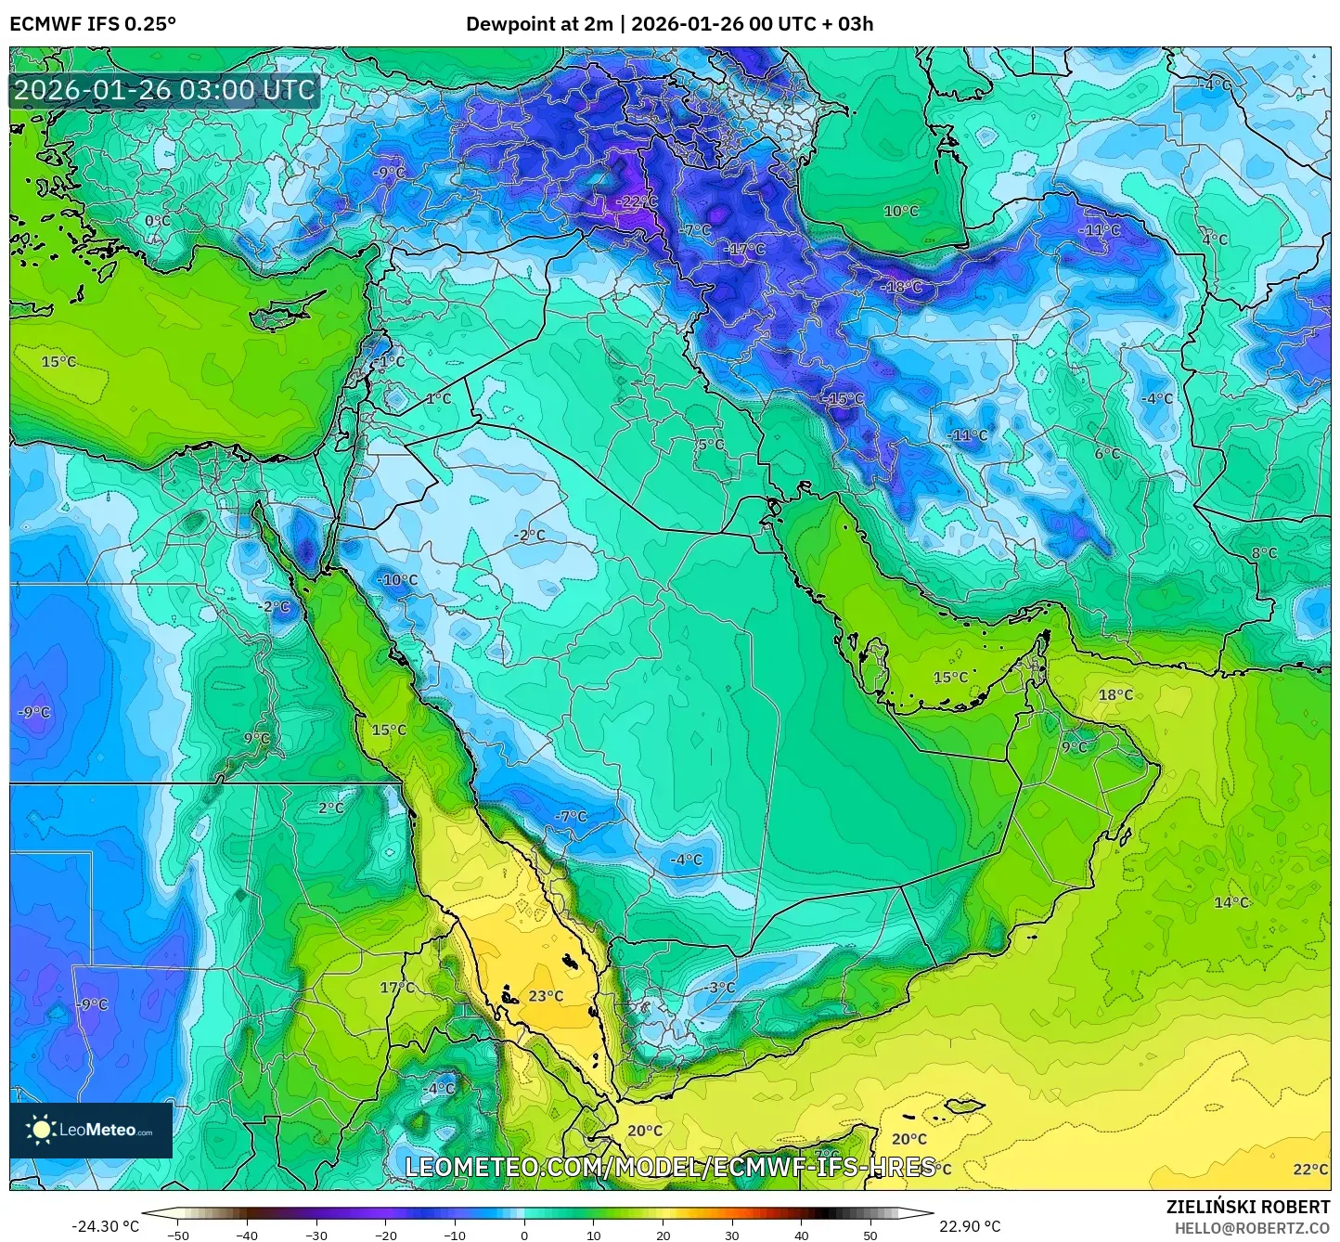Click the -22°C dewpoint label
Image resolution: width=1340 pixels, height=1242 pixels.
pyautogui.click(x=637, y=201)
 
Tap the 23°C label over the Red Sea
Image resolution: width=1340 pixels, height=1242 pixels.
pyautogui.click(x=546, y=996)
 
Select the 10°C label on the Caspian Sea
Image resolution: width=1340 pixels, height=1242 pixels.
pyautogui.click(x=900, y=211)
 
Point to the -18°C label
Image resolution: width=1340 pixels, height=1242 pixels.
pyautogui.click(x=901, y=287)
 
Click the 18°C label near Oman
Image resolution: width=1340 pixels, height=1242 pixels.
pyautogui.click(x=1115, y=694)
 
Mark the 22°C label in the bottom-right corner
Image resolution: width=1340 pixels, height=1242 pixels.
pyautogui.click(x=1310, y=1170)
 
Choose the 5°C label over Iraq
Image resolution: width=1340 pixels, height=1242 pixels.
pyautogui.click(x=711, y=445)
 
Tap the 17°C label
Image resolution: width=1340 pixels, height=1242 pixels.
pyautogui.click(x=397, y=988)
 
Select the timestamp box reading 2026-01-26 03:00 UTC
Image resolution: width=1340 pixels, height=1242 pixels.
pyautogui.click(x=164, y=90)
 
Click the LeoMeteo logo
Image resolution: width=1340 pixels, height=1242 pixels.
pyautogui.click(x=91, y=1130)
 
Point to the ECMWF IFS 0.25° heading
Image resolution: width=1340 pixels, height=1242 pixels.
pyautogui.click(x=92, y=24)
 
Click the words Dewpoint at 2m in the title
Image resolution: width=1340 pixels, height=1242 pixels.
pyautogui.click(x=538, y=24)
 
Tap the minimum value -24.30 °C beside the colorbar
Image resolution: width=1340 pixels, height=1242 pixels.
pyautogui.click(x=105, y=1226)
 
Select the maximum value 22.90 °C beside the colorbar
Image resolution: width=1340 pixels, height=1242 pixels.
pyautogui.click(x=969, y=1226)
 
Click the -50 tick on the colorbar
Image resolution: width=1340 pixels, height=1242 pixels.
pyautogui.click(x=177, y=1236)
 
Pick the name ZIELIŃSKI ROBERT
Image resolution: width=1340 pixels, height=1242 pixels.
pyautogui.click(x=1247, y=1207)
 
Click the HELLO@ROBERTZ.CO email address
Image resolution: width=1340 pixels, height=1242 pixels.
pyautogui.click(x=1252, y=1228)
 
